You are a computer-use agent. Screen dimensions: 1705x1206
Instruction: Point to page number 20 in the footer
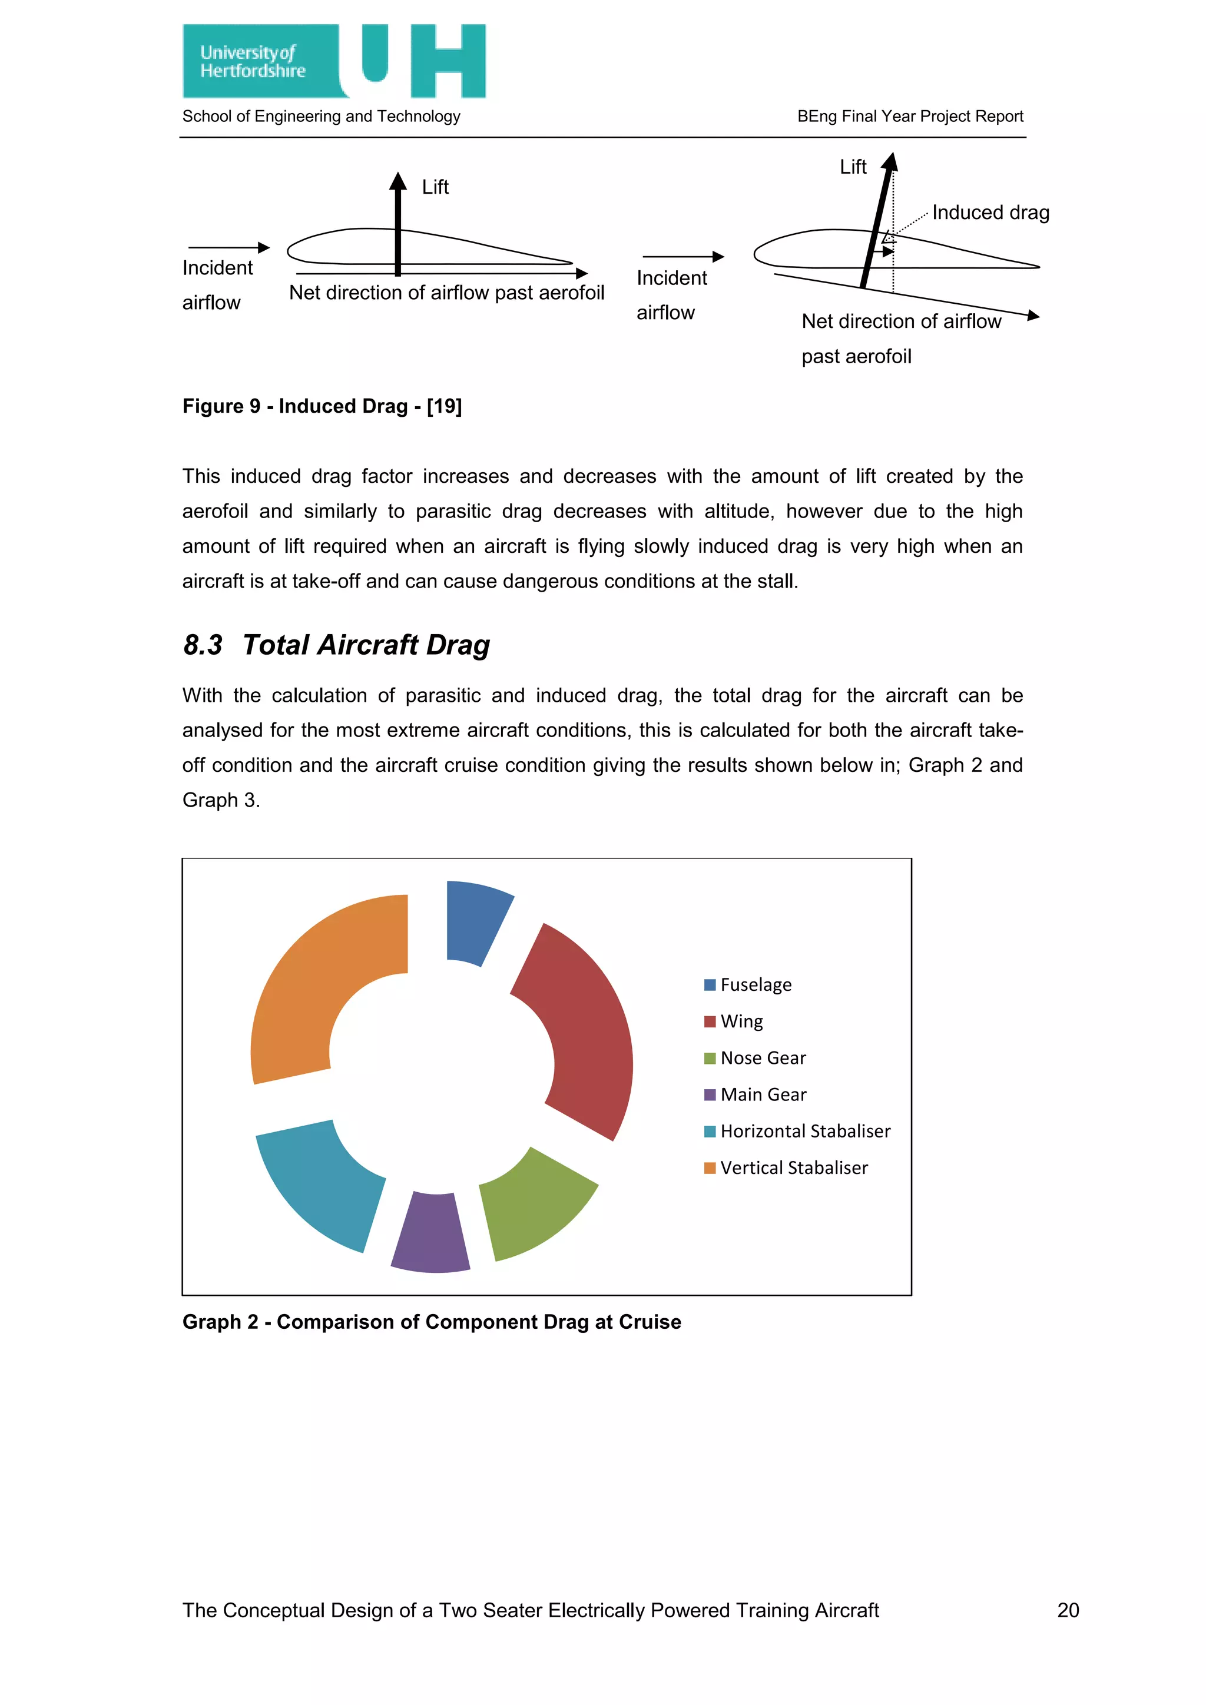point(1068,1610)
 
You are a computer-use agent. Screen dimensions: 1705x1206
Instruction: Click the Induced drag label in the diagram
point(990,213)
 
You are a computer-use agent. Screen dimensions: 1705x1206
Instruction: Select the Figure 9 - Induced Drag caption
point(322,406)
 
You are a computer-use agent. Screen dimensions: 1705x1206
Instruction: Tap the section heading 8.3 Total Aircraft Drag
point(336,645)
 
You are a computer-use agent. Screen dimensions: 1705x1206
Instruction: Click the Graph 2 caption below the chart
point(432,1322)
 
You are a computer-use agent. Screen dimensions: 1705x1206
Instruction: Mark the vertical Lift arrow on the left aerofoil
point(398,223)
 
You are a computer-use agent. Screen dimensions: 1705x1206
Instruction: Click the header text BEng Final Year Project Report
point(910,117)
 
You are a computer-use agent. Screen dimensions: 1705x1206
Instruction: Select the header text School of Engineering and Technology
point(321,117)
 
